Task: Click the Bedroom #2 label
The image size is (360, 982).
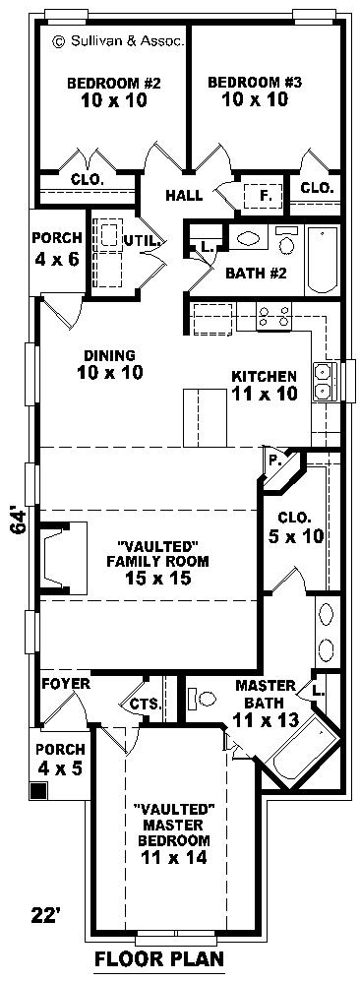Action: point(114,82)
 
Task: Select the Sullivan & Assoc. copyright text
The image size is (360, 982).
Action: point(118,42)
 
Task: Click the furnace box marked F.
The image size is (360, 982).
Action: point(264,196)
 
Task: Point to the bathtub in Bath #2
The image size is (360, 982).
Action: point(323,260)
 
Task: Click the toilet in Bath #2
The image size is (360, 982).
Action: point(287,239)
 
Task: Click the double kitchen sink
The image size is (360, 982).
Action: point(325,382)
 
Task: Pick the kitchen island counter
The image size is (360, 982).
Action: point(205,418)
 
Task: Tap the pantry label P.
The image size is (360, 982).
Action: point(272,460)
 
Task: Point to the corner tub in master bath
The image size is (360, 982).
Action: point(297,751)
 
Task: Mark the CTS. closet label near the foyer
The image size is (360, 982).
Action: point(146,705)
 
